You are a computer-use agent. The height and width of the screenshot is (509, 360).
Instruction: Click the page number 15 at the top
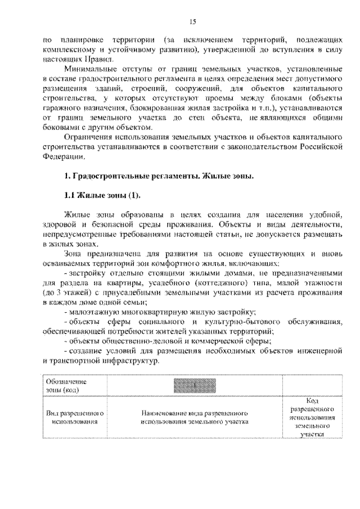coord(192,22)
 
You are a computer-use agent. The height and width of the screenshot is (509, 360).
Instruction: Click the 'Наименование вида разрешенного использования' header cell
coord(195,417)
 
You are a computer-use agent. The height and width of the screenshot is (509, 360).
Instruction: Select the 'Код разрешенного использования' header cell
coord(313,417)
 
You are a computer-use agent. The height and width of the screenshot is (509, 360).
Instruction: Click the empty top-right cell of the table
coord(313,386)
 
